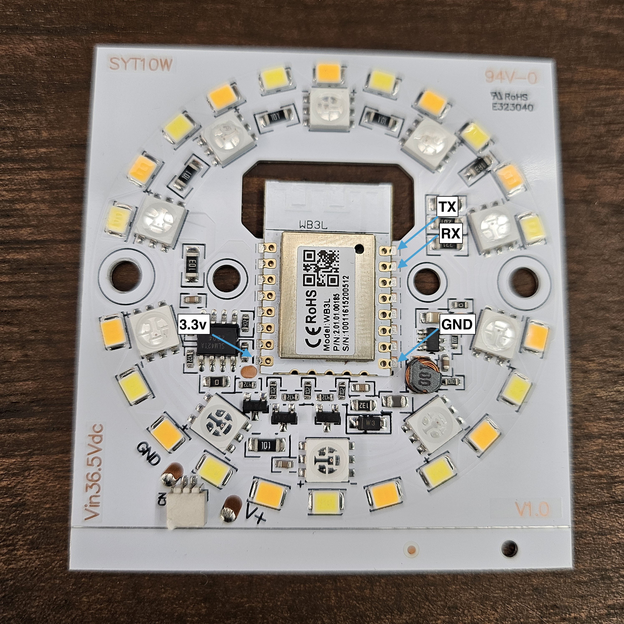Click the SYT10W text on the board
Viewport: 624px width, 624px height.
point(141,65)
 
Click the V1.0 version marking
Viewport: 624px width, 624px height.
point(532,509)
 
